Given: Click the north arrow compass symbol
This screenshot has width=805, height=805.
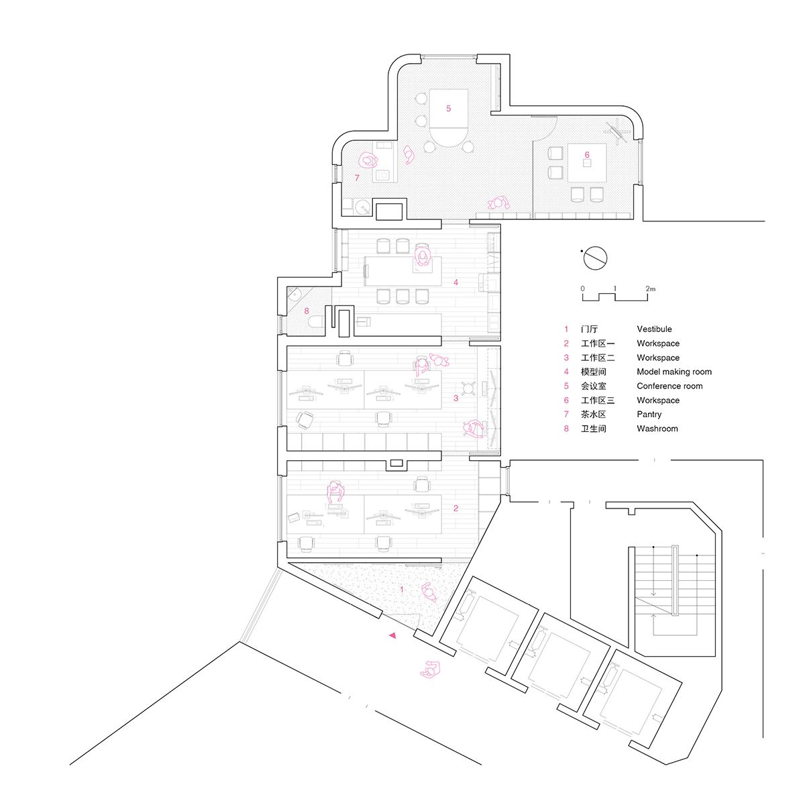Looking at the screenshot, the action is click(594, 258).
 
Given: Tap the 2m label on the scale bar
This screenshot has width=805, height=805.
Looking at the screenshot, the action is click(651, 288).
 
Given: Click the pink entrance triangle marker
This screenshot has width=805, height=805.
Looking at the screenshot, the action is click(392, 635).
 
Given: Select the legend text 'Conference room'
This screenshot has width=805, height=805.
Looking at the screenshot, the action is click(669, 386).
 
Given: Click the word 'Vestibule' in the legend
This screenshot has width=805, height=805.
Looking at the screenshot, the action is click(654, 329).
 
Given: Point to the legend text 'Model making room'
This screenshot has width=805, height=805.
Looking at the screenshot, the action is click(674, 372).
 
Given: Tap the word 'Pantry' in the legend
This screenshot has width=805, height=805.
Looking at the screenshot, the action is click(649, 415).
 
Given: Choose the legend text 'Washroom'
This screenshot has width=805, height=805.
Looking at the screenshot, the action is click(657, 429).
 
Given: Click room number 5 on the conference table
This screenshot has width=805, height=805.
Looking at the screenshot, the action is click(448, 109).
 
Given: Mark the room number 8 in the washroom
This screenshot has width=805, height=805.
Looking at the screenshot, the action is click(307, 311).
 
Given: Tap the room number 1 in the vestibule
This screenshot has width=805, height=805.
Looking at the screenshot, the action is click(402, 590).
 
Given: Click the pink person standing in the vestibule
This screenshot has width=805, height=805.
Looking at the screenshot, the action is click(429, 592).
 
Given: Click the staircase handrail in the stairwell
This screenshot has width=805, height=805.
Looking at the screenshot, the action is click(675, 580).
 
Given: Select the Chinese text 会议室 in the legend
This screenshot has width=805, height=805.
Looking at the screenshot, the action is click(593, 386).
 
